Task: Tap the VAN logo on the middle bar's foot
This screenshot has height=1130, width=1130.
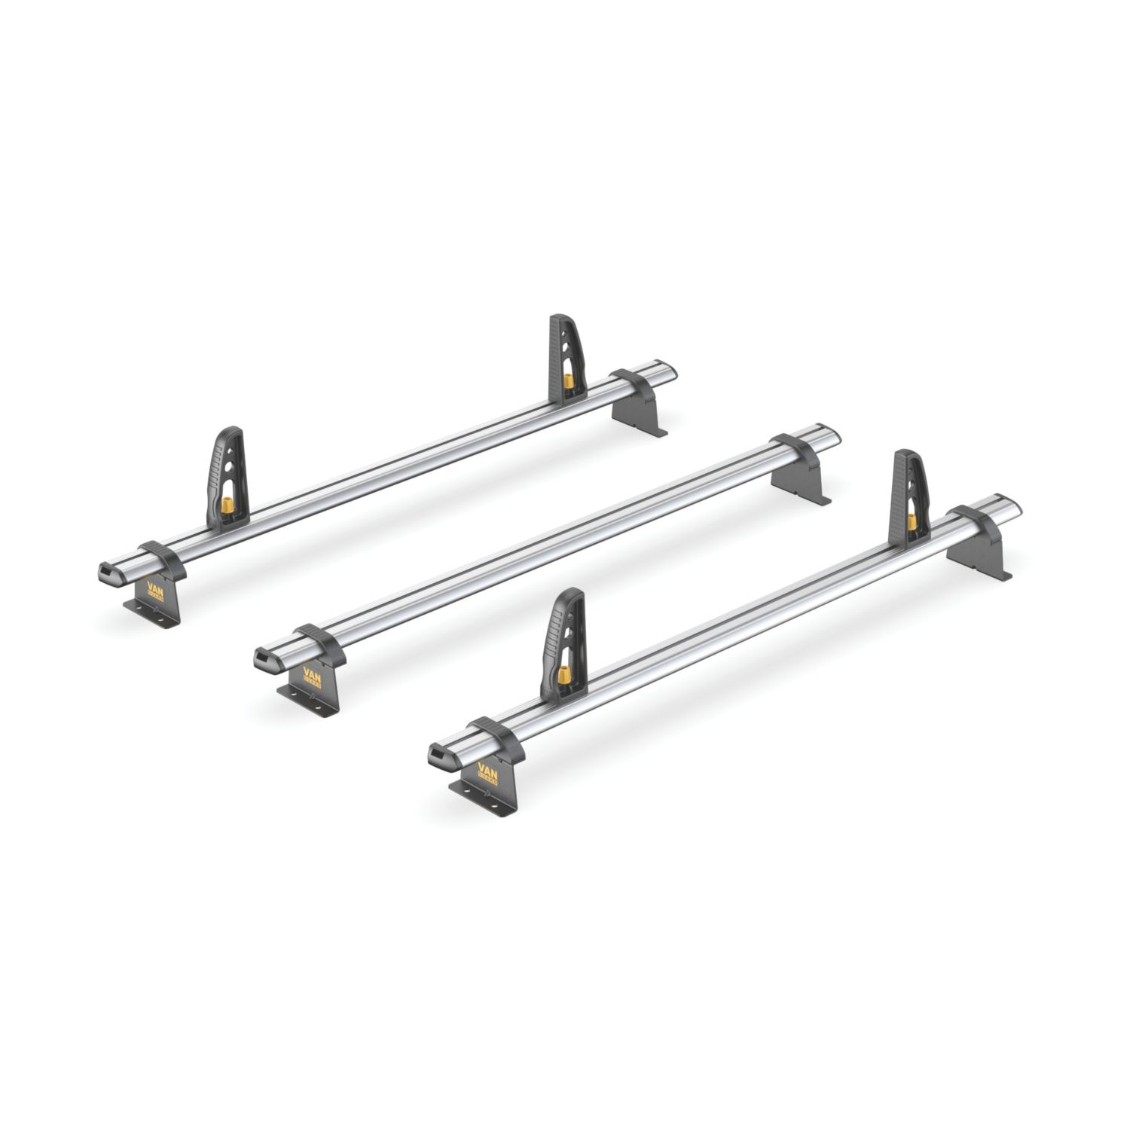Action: coord(312,674)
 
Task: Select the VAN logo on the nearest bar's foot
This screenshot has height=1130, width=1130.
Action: coord(487,772)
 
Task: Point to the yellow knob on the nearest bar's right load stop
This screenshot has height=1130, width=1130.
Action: coord(912,521)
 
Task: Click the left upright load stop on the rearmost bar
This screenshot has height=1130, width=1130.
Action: coord(227,475)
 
